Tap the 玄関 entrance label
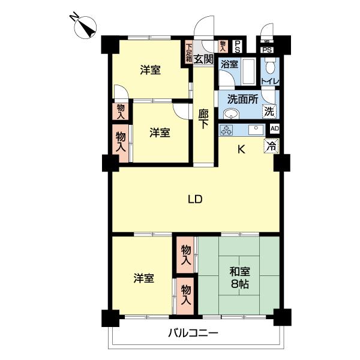coord(205,59)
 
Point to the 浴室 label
coord(229,64)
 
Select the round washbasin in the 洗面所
coord(230,114)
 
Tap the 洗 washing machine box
coord(269,111)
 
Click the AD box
coord(275,128)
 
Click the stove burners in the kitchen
coord(227,130)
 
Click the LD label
coord(194,200)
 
